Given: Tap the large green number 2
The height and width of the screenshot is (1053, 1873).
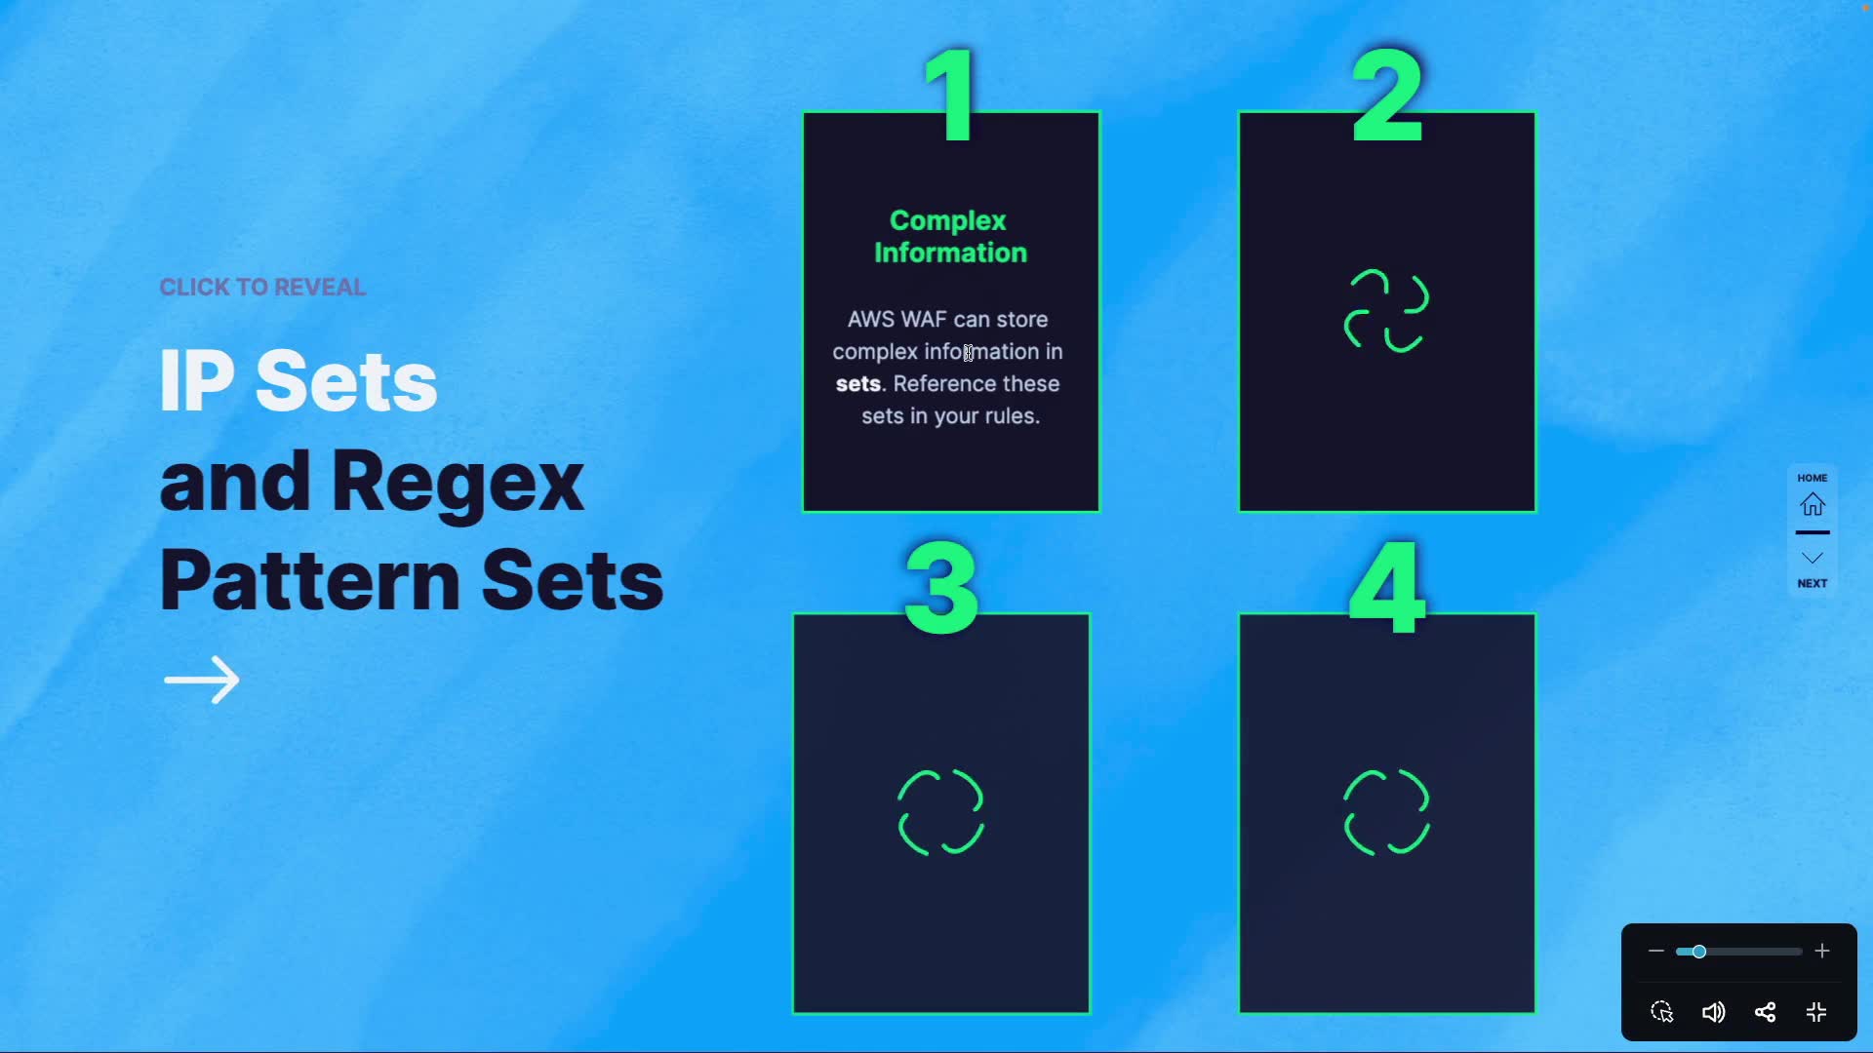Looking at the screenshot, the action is (1387, 96).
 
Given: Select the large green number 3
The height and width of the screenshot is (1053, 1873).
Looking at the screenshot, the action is (941, 588).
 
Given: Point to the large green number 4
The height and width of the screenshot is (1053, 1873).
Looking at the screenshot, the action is (1387, 588).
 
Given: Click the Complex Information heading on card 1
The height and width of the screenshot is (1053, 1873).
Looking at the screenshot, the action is (950, 236).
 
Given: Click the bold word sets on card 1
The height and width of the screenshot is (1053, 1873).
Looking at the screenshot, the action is (858, 383).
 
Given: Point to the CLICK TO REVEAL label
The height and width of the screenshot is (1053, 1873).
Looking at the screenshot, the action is (262, 287).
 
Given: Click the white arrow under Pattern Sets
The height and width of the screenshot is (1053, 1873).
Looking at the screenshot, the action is (202, 680).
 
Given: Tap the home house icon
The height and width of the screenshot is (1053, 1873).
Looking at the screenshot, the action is (1813, 504).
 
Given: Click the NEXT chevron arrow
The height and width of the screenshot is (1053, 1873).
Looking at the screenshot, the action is (1813, 559).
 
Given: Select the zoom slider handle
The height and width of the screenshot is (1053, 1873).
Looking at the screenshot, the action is (1698, 951).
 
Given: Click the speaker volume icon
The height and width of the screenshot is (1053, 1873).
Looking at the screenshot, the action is (1713, 1012).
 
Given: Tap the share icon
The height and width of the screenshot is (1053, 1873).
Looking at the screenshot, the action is (1765, 1012).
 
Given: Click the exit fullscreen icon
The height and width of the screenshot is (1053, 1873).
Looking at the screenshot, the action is (1816, 1012).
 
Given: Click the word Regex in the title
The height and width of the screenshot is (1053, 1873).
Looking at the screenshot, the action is (458, 482).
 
